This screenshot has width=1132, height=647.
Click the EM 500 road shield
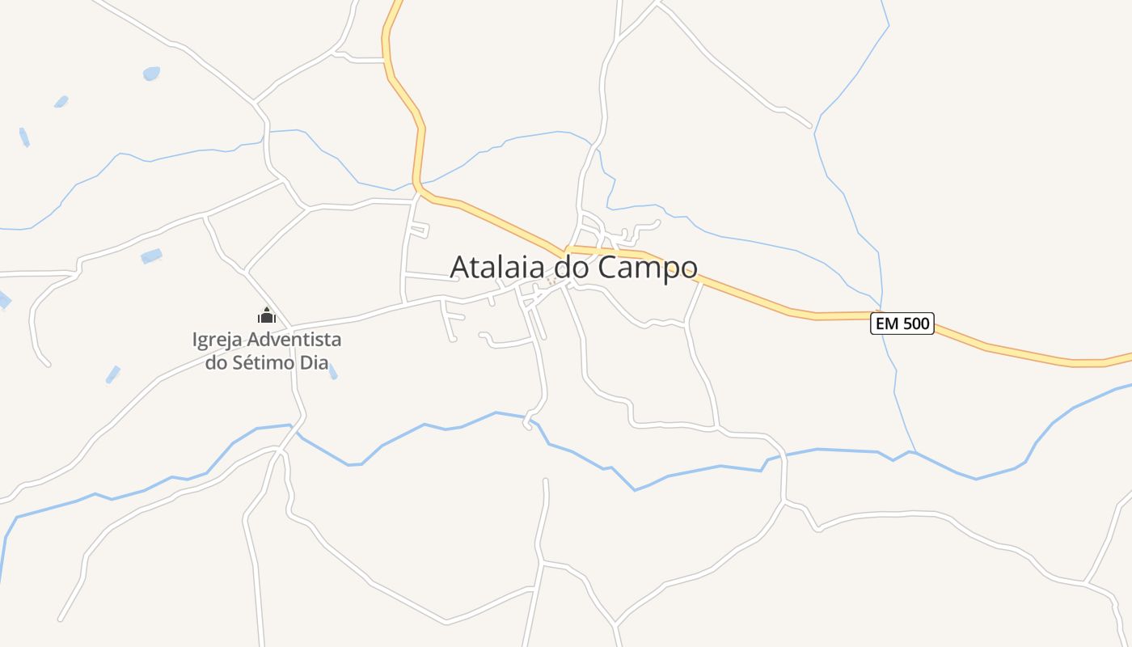pyautogui.click(x=902, y=323)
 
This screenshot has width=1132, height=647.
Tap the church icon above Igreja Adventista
pyautogui.click(x=267, y=315)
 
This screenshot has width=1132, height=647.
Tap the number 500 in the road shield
pyautogui.click(x=915, y=323)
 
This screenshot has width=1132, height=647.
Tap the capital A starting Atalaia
pyautogui.click(x=459, y=267)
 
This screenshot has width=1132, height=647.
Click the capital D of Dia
pyautogui.click(x=305, y=362)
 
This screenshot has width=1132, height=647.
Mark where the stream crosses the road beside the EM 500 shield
pyautogui.click(x=881, y=315)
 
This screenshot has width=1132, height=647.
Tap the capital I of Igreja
pyautogui.click(x=195, y=339)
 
